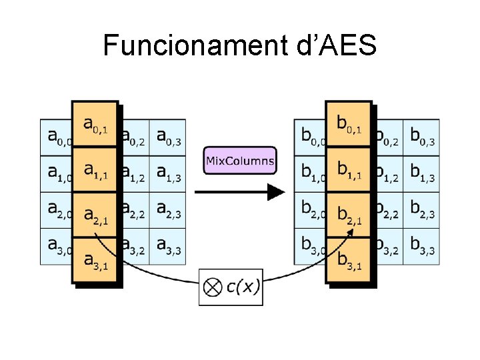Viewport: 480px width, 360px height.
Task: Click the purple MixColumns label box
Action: click(x=240, y=161)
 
